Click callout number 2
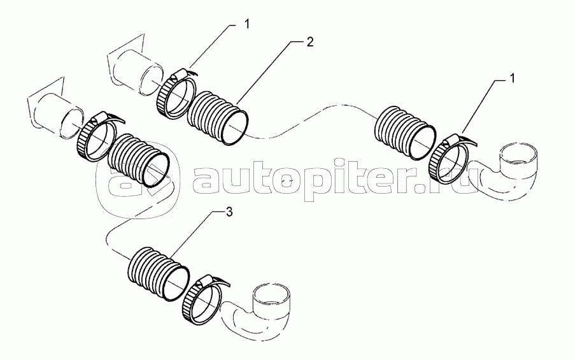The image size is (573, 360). [x=309, y=42]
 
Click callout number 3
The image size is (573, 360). [x=229, y=212]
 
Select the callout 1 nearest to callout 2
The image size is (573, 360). [x=247, y=24]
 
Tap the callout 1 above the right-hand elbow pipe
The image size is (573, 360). [x=513, y=78]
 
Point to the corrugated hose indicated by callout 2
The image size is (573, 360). [x=218, y=117]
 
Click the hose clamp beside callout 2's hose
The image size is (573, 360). [x=176, y=94]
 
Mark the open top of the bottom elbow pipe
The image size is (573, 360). [x=273, y=293]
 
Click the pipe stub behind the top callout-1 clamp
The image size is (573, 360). [x=136, y=73]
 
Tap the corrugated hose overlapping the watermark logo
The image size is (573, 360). [x=138, y=160]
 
